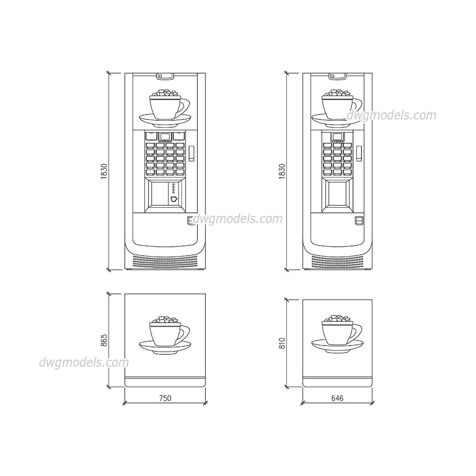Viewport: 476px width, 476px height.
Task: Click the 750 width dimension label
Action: point(165,398)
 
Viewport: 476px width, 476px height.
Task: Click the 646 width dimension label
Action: point(337,398)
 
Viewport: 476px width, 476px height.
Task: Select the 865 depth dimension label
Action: point(104,341)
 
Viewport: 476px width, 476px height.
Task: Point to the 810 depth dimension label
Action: point(283,343)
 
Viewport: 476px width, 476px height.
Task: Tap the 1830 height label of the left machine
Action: point(104,171)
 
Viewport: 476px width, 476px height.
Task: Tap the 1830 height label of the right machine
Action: point(283,171)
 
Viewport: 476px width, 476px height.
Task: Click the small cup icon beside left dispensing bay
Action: point(174,199)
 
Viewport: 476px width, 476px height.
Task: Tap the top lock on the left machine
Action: point(165,76)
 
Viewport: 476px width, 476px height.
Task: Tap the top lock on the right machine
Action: point(337,76)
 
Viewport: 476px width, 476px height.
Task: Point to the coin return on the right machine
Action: point(359,220)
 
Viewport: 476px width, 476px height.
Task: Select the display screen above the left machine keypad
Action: point(165,136)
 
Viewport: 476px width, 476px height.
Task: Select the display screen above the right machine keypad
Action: point(337,136)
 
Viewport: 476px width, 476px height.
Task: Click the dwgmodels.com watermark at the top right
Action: point(391,115)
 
